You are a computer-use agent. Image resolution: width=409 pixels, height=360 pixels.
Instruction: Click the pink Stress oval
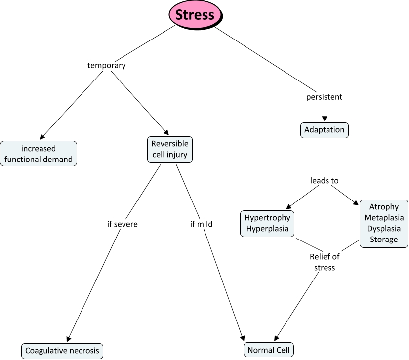(195, 14)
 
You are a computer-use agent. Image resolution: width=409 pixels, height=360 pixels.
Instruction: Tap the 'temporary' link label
(106, 65)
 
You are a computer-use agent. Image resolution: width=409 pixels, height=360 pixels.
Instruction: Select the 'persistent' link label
(324, 97)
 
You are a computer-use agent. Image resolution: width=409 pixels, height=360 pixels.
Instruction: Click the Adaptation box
(324, 130)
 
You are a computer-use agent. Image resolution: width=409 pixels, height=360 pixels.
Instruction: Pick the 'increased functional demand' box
(39, 154)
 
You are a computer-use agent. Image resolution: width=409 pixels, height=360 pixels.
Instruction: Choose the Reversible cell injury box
(169, 150)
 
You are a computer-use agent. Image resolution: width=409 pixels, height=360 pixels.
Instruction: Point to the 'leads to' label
(324, 181)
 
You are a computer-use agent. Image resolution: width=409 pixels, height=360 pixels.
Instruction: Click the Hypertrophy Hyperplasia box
(267, 223)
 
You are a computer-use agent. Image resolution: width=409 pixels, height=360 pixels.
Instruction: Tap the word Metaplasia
(384, 218)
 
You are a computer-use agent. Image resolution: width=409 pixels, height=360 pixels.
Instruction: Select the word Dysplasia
(384, 229)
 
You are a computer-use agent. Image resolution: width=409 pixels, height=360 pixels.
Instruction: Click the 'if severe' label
(122, 224)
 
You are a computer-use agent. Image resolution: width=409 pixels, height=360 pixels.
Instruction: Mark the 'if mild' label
(201, 224)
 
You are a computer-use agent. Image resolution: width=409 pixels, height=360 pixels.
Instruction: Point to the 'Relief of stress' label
(325, 262)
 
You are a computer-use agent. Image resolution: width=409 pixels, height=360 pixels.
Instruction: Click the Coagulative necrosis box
(62, 351)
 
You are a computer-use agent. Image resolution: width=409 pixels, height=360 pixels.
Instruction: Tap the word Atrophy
(384, 207)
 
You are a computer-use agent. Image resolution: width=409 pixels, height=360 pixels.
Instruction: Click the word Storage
(384, 240)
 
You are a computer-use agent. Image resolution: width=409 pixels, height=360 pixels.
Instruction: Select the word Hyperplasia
(267, 229)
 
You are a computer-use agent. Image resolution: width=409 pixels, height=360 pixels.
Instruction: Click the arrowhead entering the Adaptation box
(324, 119)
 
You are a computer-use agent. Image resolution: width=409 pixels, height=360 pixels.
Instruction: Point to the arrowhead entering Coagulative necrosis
(68, 339)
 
